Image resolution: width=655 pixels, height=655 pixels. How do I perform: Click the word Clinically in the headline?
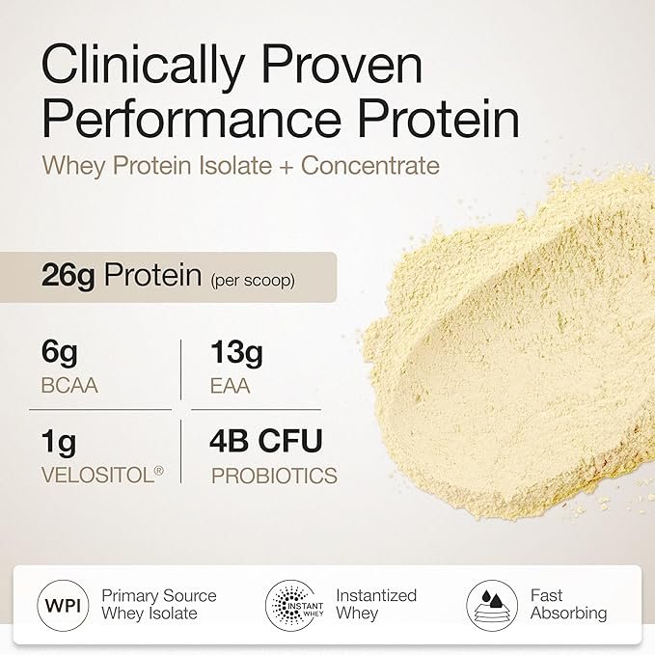tap(143, 67)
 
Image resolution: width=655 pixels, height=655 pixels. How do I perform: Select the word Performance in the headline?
tap(192, 120)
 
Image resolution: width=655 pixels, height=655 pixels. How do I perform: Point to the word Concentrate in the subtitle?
tap(370, 165)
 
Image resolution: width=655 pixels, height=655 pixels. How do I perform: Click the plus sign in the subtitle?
tap(287, 166)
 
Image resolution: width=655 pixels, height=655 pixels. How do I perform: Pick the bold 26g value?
tap(68, 276)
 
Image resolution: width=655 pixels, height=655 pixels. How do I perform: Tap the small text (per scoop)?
tap(253, 280)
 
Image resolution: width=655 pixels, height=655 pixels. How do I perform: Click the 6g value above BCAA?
tap(59, 353)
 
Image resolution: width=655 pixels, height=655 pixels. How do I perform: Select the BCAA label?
tap(69, 386)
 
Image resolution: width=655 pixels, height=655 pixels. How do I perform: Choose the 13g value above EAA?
tap(237, 353)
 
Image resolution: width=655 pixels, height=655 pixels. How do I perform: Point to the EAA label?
tap(231, 386)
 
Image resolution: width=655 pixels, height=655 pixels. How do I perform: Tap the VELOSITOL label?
tap(102, 475)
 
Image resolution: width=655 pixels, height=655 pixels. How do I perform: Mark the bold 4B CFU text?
tap(266, 441)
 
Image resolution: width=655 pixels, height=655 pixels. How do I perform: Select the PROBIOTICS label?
tap(275, 476)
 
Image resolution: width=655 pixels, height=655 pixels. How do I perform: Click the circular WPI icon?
tap(63, 605)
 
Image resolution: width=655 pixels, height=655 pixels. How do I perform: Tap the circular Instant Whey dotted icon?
tap(291, 605)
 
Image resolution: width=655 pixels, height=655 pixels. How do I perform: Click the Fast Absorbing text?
tap(569, 604)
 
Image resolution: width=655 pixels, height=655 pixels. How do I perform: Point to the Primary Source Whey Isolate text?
tap(159, 605)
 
